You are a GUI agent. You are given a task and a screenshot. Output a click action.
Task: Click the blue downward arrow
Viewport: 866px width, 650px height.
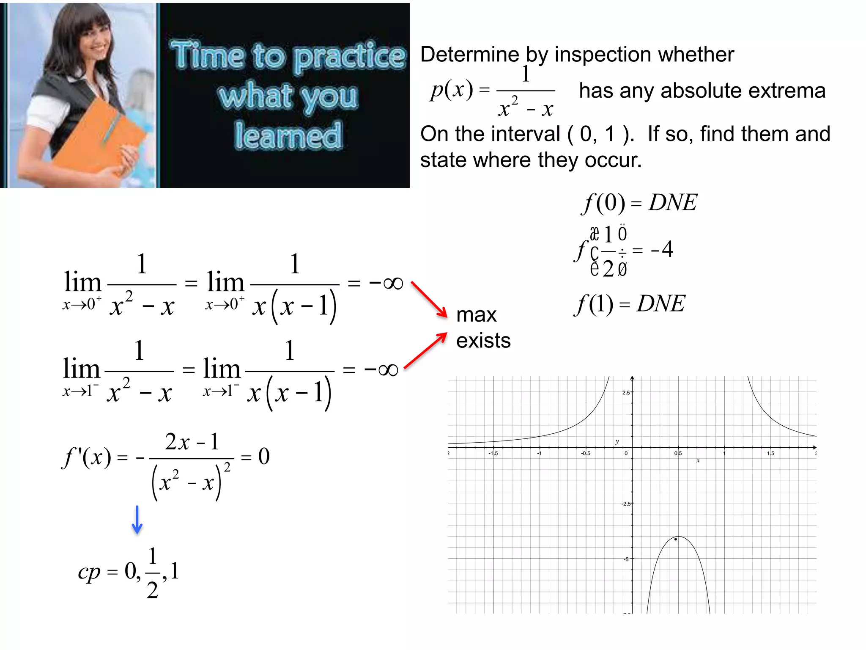(x=137, y=520)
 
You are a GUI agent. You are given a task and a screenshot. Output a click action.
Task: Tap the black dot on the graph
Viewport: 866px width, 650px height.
(x=676, y=539)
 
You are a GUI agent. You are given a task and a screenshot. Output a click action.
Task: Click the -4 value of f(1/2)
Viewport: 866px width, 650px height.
(x=662, y=249)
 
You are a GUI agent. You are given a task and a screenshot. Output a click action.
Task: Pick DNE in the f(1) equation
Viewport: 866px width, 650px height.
(x=660, y=303)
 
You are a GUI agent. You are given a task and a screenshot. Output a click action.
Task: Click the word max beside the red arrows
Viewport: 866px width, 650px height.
(x=476, y=315)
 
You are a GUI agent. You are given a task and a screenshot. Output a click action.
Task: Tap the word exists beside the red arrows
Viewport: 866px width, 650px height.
(x=483, y=341)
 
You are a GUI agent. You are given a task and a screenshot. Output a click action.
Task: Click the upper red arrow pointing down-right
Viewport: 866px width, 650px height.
(x=429, y=299)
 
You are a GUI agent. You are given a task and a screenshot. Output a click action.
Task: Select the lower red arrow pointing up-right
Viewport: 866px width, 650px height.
(x=425, y=350)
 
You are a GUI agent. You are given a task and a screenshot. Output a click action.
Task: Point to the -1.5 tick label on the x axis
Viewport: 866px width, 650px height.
(x=493, y=453)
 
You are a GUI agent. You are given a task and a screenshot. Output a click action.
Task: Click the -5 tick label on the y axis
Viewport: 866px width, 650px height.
(x=626, y=559)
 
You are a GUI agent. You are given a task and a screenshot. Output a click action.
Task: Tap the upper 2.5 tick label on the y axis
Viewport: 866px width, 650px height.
(x=626, y=393)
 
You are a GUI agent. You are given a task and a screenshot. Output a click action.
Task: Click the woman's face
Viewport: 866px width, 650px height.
(x=96, y=40)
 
